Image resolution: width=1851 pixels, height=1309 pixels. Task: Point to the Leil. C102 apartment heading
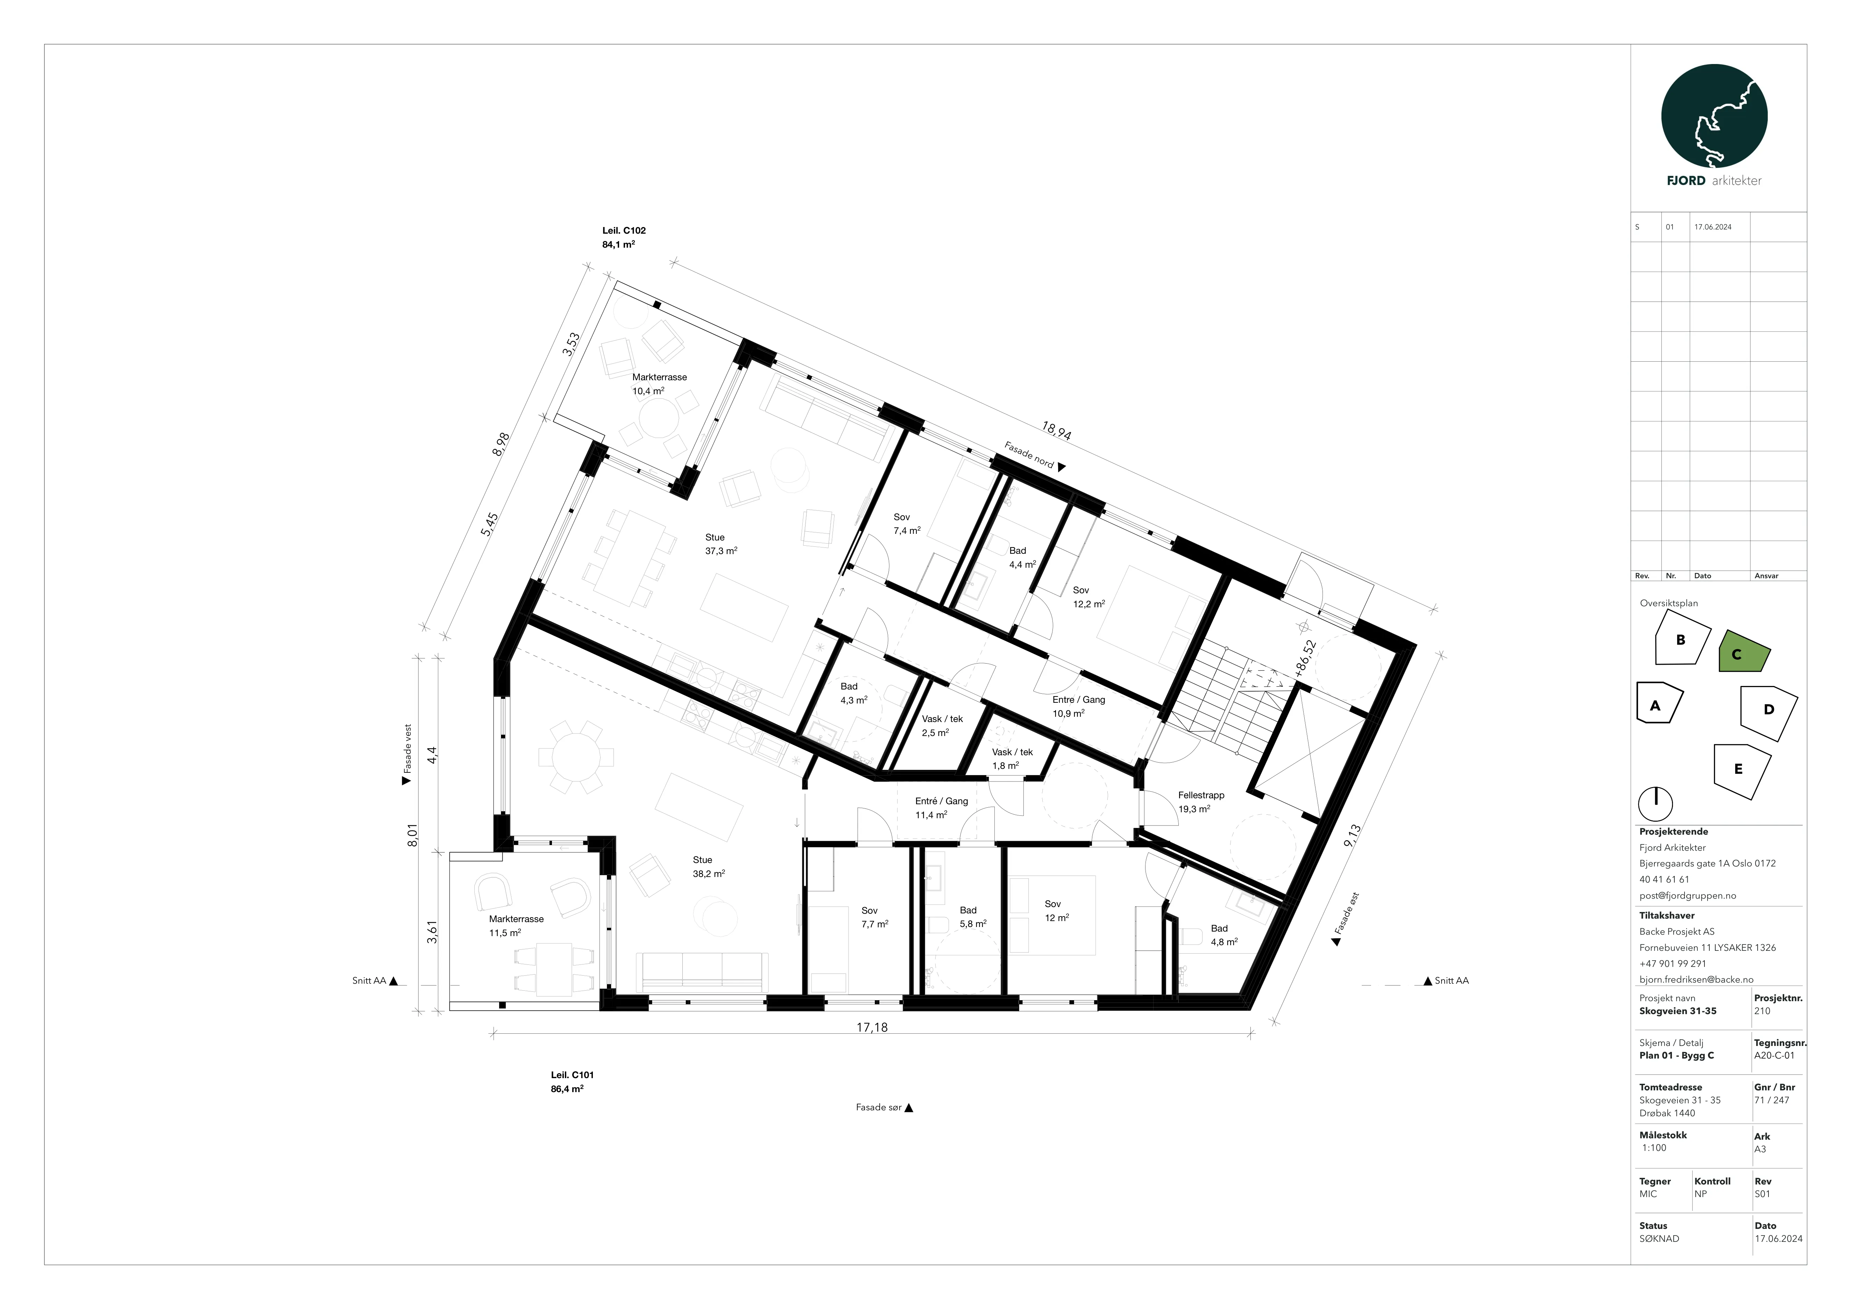pos(624,231)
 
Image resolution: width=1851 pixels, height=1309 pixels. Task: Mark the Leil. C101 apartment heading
pos(572,1075)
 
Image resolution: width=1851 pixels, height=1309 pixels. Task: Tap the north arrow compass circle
pos(1655,804)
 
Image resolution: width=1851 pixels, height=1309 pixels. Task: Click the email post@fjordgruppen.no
pos(1687,896)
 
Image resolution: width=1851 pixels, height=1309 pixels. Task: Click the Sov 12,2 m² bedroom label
pos(1088,596)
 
